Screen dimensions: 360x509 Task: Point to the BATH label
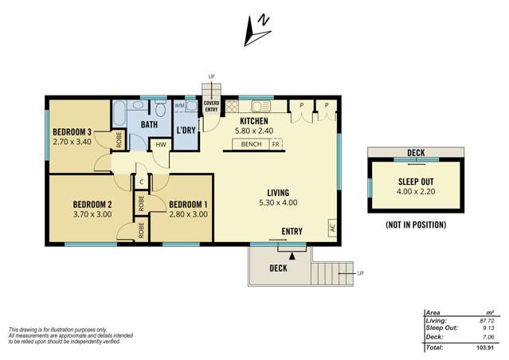(149, 125)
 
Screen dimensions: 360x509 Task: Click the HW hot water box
(161, 144)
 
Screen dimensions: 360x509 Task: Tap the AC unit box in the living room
(331, 227)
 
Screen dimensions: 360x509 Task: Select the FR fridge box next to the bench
(276, 145)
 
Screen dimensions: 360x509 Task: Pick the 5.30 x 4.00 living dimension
(278, 203)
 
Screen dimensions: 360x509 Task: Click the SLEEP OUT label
(415, 182)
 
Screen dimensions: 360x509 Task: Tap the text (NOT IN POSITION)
(415, 225)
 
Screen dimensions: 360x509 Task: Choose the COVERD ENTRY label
(211, 106)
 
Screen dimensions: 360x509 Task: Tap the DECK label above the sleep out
(415, 152)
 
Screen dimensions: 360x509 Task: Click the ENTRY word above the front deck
(292, 232)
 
